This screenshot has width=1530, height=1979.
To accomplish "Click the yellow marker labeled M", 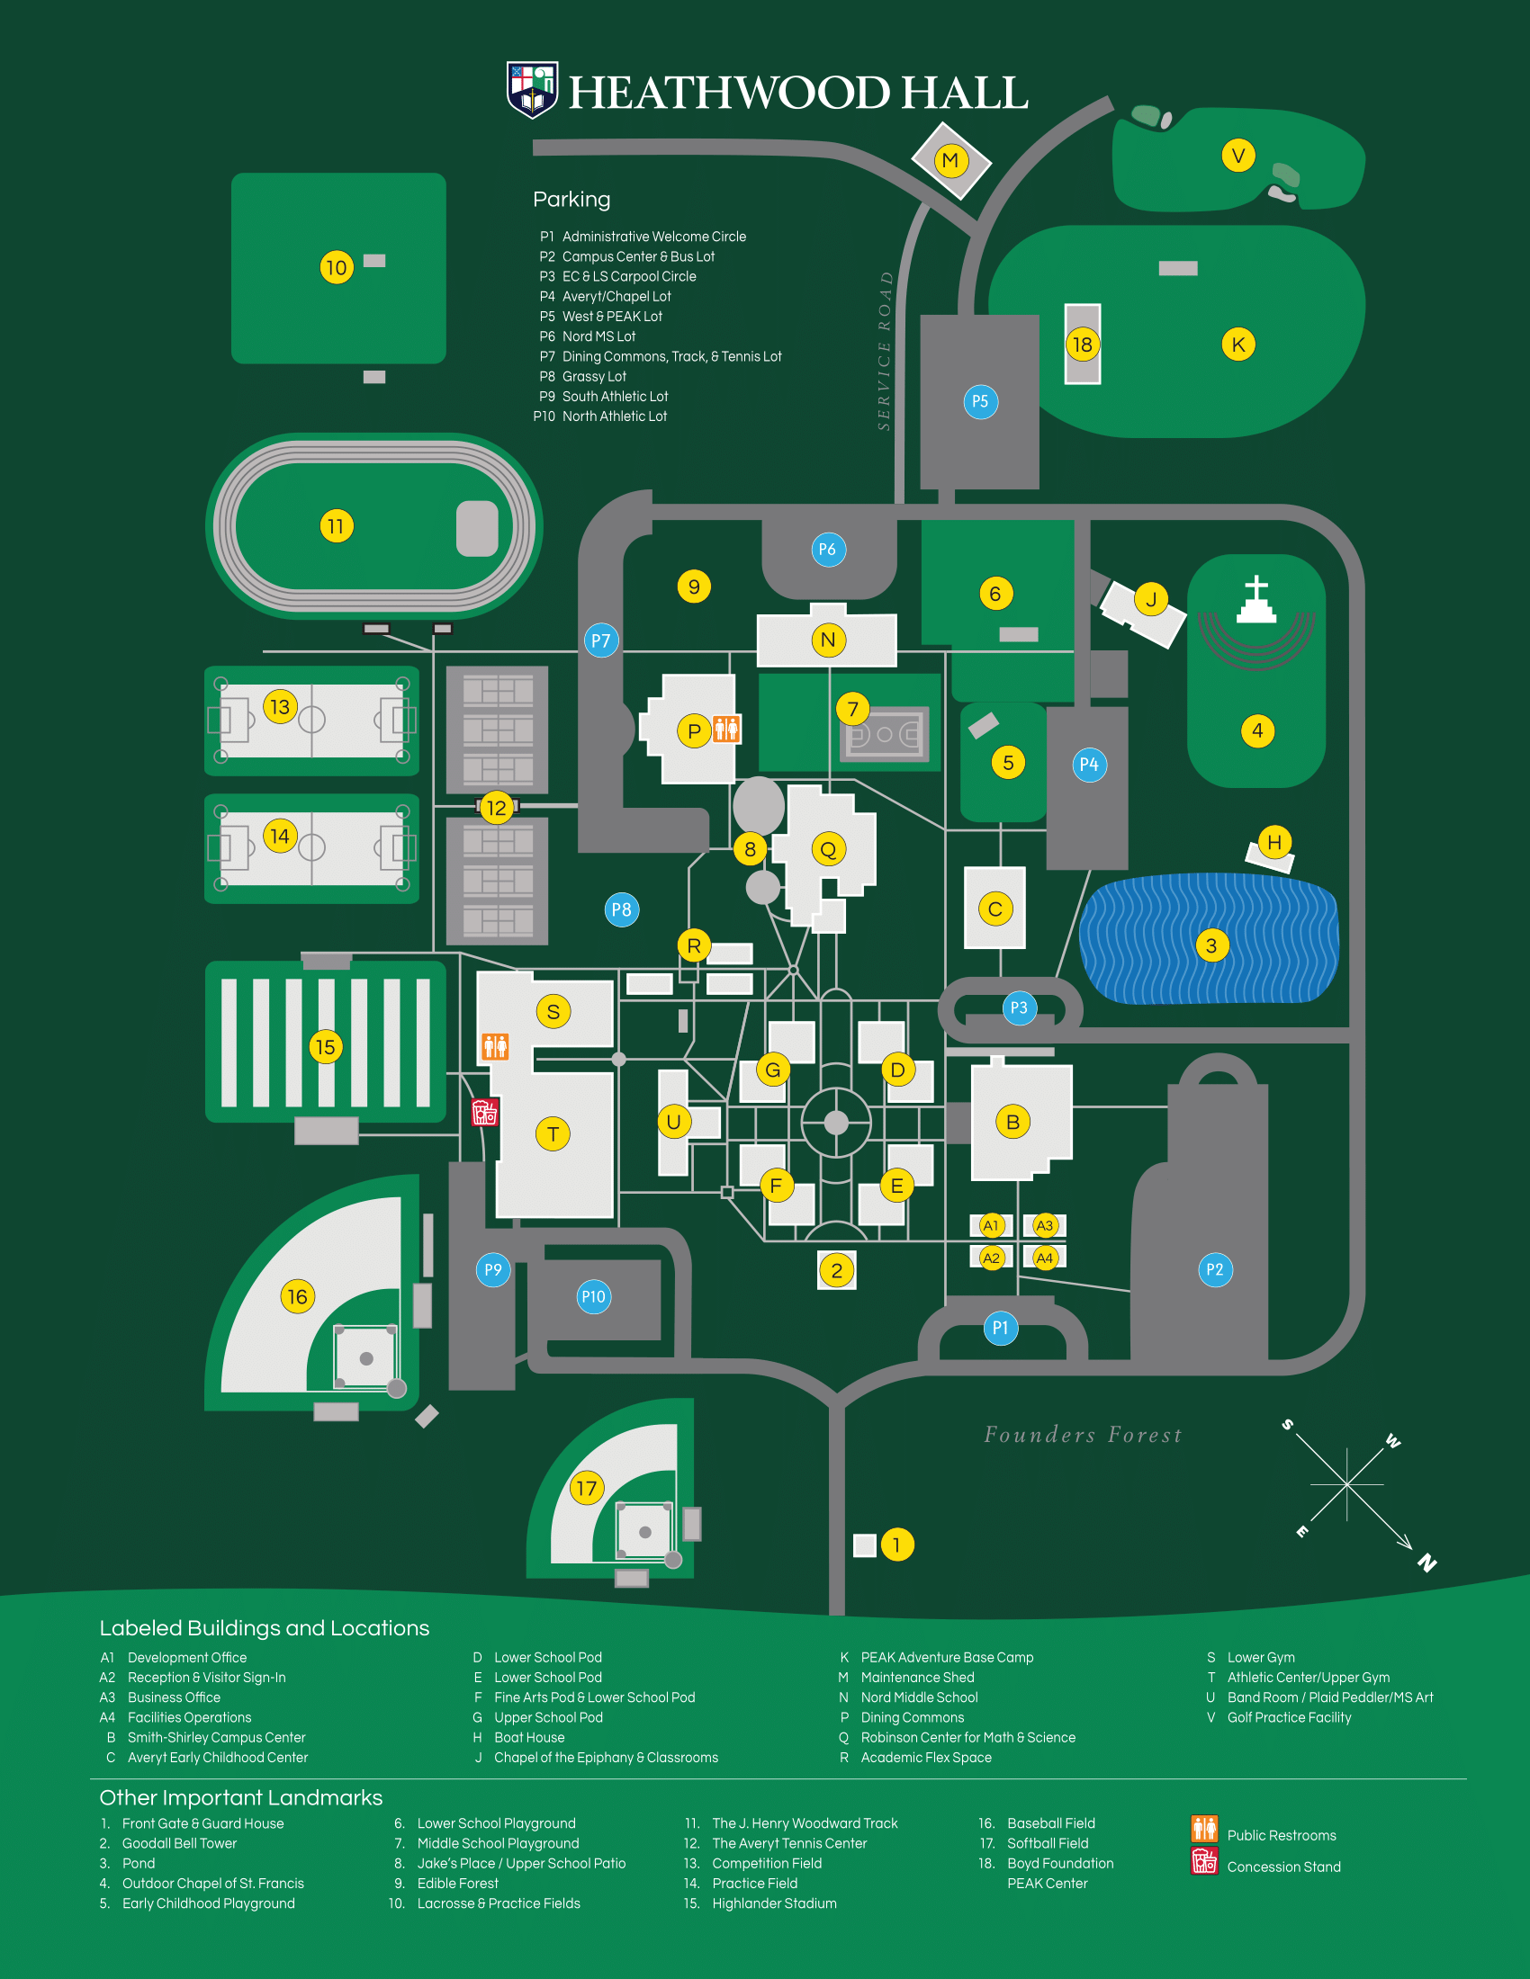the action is pyautogui.click(x=949, y=160).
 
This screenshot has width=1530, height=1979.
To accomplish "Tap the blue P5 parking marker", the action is pyautogui.click(x=980, y=401).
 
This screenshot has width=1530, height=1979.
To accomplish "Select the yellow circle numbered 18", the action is pyautogui.click(x=1082, y=345).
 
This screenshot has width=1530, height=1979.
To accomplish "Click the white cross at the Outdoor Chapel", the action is pyautogui.click(x=1256, y=599).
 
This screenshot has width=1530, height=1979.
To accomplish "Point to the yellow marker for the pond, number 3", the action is pyautogui.click(x=1210, y=945).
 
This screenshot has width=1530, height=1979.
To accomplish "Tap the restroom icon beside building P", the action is pyautogui.click(x=726, y=728).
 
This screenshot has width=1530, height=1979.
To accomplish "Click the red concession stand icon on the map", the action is pyautogui.click(x=485, y=1112).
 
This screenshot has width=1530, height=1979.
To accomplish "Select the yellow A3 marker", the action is pyautogui.click(x=1045, y=1225).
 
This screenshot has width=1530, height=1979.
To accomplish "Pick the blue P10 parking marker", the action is pyautogui.click(x=594, y=1296).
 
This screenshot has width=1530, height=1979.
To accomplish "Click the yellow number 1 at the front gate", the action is pyautogui.click(x=896, y=1544).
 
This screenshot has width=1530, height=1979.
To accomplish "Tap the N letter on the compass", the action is pyautogui.click(x=1426, y=1563).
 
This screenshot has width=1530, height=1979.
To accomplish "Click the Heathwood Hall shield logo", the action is pyautogui.click(x=532, y=90).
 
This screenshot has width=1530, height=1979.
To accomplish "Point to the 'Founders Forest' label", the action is pyautogui.click(x=1083, y=1435).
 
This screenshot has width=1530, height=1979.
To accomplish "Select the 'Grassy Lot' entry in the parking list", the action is pyautogui.click(x=594, y=376).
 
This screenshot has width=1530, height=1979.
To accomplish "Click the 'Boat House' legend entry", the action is pyautogui.click(x=529, y=1737).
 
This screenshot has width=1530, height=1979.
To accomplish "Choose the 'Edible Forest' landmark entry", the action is pyautogui.click(x=458, y=1883).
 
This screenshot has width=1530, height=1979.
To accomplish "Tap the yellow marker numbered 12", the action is pyautogui.click(x=497, y=808).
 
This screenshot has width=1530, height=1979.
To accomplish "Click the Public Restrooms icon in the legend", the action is pyautogui.click(x=1204, y=1829).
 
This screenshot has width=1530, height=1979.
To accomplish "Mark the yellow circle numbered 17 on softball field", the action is pyautogui.click(x=587, y=1488).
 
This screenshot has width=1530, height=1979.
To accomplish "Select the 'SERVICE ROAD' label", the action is pyautogui.click(x=885, y=351).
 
